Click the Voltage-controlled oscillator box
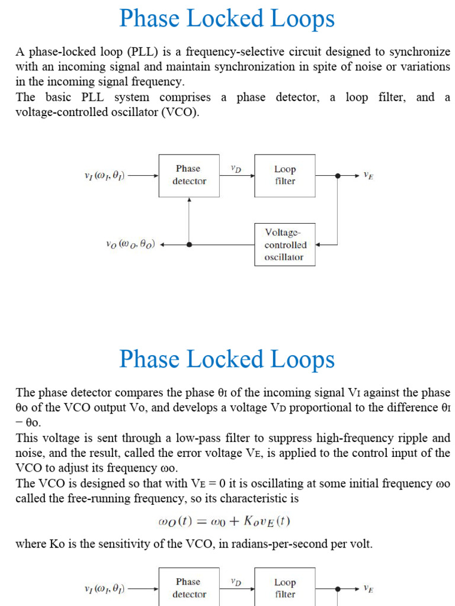pyautogui.click(x=284, y=244)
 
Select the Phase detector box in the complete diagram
pyautogui.click(x=189, y=175)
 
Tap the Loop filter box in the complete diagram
pyautogui.click(x=284, y=175)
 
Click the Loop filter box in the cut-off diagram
pyautogui.click(x=284, y=588)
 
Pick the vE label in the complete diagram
pyautogui.click(x=368, y=176)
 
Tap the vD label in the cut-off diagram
pyautogui.click(x=235, y=582)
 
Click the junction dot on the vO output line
pyautogui.click(x=189, y=244)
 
